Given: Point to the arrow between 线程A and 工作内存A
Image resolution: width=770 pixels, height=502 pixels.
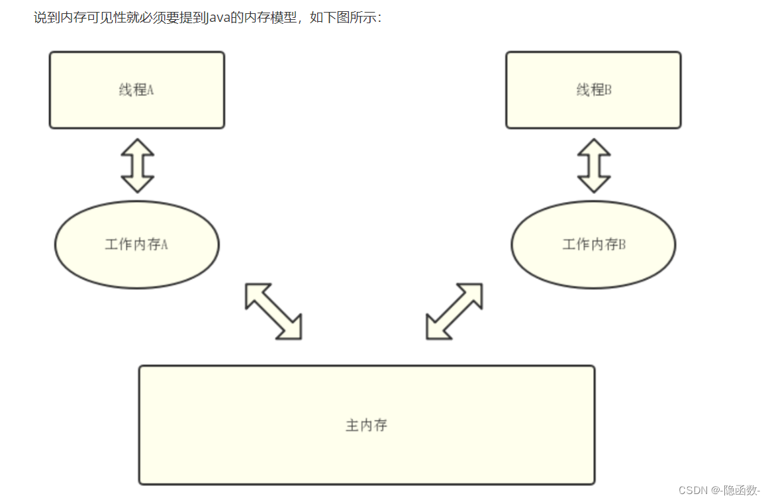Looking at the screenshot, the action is pyautogui.click(x=137, y=166).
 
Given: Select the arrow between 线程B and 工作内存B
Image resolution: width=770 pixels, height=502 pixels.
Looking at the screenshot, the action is pyautogui.click(x=594, y=166).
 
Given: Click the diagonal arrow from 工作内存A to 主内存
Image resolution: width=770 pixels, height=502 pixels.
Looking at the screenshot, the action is pyautogui.click(x=273, y=311).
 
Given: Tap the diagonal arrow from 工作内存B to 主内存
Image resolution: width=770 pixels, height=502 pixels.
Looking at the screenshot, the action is pyautogui.click(x=454, y=311).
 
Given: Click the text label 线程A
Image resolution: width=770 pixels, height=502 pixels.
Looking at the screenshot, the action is pyautogui.click(x=136, y=90).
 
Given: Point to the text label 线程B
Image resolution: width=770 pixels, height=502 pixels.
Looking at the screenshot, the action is pyautogui.click(x=594, y=90).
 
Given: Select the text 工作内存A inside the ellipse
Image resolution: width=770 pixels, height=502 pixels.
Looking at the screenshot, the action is pyautogui.click(x=136, y=244).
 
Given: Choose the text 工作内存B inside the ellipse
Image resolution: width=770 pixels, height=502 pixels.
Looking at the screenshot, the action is pyautogui.click(x=594, y=244).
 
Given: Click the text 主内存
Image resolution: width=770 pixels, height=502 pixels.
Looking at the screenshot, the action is pyautogui.click(x=366, y=425).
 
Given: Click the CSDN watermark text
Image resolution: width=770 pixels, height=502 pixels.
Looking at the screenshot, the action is pyautogui.click(x=693, y=490).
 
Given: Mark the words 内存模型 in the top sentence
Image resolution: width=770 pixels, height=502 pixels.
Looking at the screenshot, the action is pyautogui.click(x=270, y=18).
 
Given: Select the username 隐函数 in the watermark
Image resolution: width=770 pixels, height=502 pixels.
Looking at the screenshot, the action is pyautogui.click(x=740, y=490).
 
